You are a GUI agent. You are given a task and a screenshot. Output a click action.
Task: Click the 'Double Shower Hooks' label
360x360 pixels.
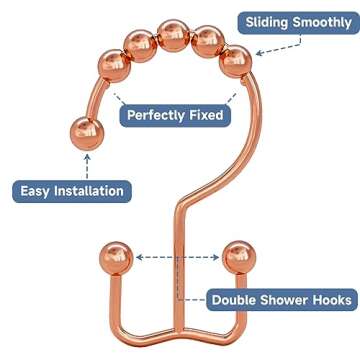[x=281, y=298]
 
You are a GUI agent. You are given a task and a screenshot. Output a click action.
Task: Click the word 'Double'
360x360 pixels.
[x=236, y=298]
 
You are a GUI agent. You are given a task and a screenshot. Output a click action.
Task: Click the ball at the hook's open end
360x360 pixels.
[x=84, y=132]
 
